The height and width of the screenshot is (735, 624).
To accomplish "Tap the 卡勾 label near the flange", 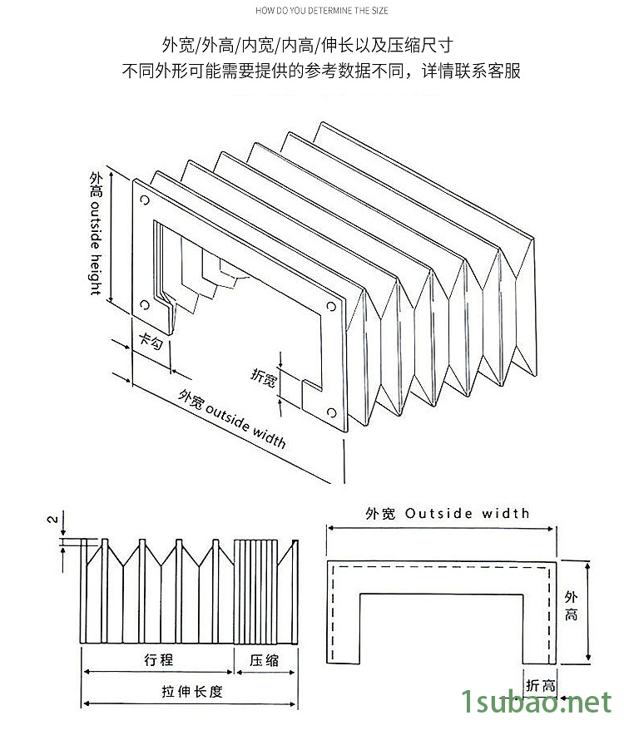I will click(151, 341).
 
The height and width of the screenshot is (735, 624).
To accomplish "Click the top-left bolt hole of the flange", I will click(145, 200).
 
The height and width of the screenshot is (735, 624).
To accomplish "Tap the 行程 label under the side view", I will click(158, 659).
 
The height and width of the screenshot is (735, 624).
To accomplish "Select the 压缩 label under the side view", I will click(265, 659).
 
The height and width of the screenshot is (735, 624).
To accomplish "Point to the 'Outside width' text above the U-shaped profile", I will click(467, 513).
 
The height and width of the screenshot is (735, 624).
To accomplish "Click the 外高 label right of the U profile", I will click(571, 606).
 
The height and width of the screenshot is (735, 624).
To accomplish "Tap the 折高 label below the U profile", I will click(541, 686).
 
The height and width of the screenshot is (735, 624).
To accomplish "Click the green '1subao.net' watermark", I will click(536, 704).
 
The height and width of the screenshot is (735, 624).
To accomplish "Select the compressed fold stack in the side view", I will click(258, 590).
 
